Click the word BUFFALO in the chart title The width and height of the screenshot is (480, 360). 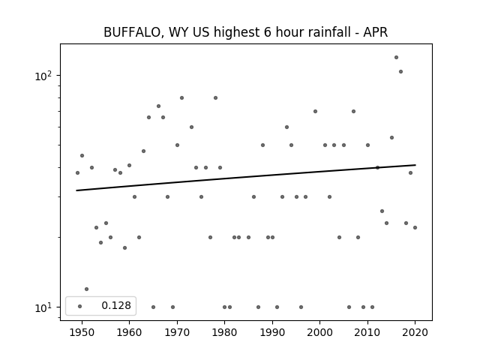tap(132, 32)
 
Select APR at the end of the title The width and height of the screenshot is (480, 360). tap(376, 32)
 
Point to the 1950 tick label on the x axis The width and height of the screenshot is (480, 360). tap(82, 332)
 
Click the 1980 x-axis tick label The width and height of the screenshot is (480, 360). tap(225, 332)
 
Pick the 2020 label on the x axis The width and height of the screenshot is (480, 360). tap(415, 332)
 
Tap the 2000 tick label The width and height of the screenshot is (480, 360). tap(320, 332)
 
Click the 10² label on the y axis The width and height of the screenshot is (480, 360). tap(43, 76)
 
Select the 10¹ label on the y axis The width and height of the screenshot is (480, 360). tap(43, 307)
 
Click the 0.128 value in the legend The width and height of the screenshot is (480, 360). tap(116, 305)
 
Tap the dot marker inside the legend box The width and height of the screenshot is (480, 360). tap(80, 306)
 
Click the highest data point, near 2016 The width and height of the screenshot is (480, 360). tap(396, 57)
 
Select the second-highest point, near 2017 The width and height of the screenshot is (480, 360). tap(400, 72)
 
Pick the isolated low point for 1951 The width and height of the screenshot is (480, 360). tap(87, 289)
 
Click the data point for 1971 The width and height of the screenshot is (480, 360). tap(181, 98)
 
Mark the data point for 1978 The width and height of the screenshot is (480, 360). tap(215, 98)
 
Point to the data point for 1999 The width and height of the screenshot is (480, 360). tap(315, 112)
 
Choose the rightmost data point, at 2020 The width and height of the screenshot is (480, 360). tap(415, 227)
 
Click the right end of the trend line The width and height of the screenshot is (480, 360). tap(415, 165)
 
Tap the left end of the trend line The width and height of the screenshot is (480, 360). tap(76, 190)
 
